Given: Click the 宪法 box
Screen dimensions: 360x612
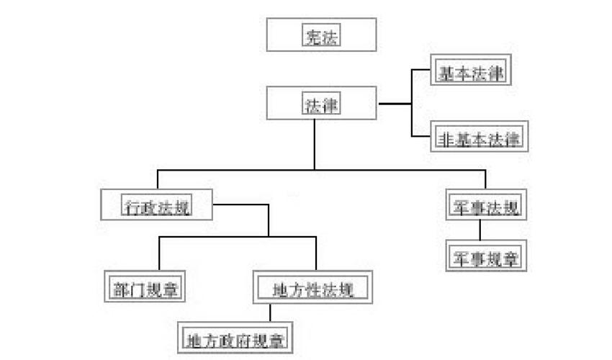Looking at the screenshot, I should (320, 35).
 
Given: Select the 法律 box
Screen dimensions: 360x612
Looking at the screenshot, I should (320, 104).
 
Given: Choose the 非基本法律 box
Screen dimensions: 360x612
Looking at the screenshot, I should (479, 136).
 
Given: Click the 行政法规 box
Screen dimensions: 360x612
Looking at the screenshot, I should (158, 206).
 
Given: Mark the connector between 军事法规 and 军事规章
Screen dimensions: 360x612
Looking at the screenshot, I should (480, 230).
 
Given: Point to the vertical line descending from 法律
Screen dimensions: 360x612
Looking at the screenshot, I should (315, 144).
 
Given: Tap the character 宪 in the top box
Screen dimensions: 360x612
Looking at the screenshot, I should (310, 36).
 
